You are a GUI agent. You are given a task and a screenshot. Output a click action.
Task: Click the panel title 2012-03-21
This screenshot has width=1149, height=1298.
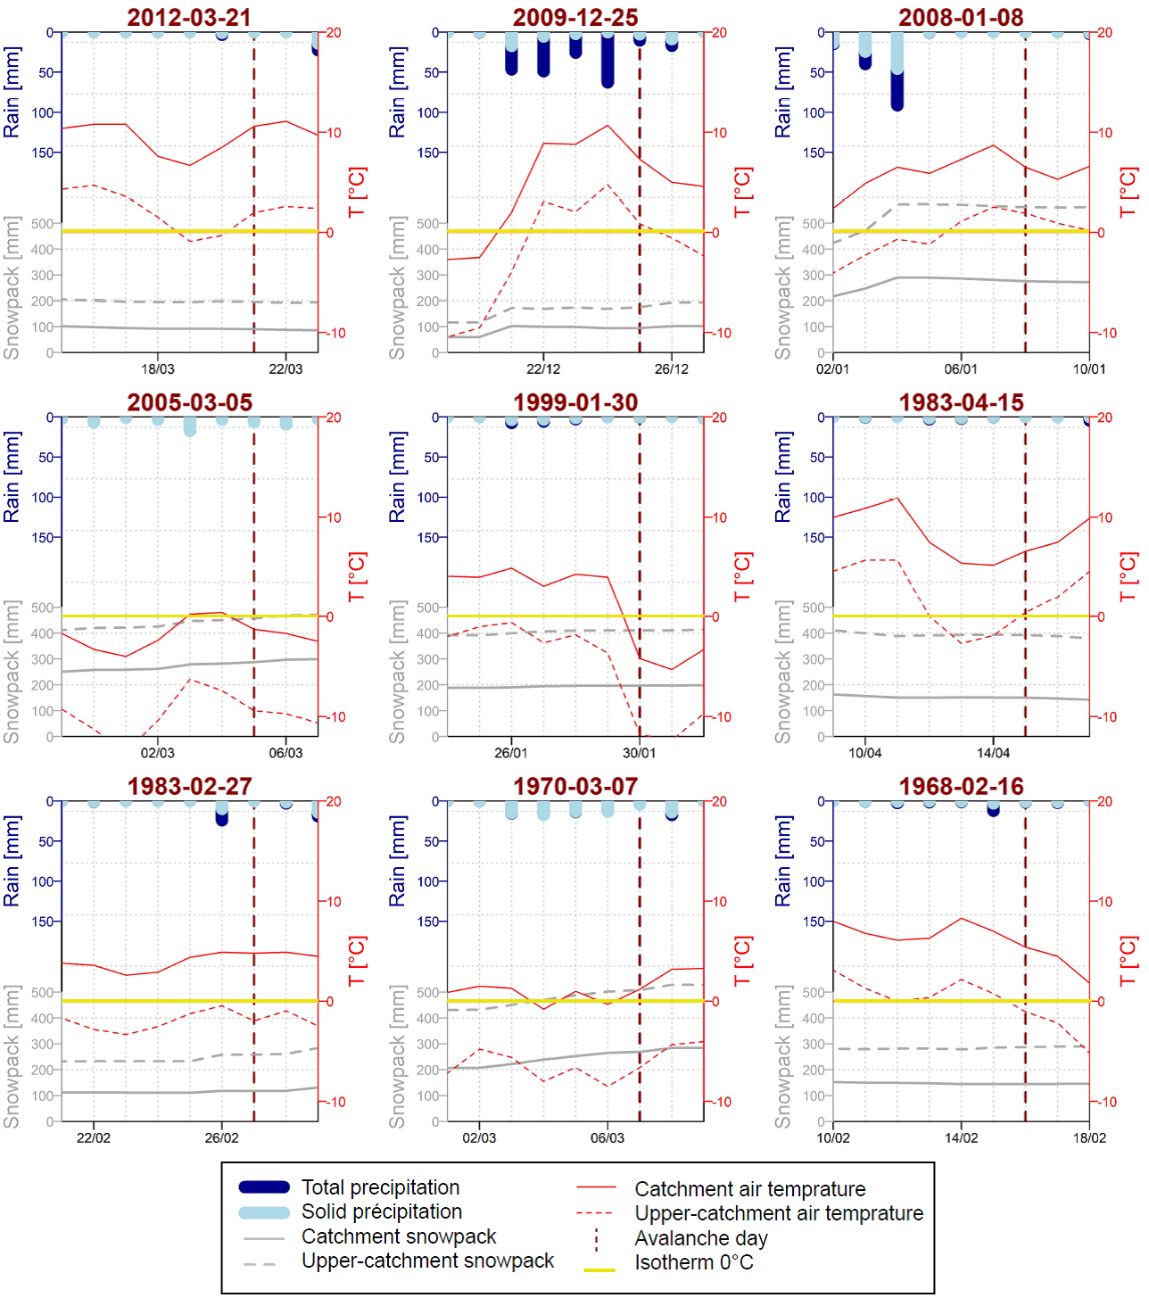(x=189, y=17)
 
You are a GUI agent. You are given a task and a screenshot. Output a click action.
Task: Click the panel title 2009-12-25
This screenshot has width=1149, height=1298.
(x=575, y=17)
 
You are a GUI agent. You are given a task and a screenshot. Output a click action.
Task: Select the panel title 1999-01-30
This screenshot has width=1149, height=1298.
(x=575, y=402)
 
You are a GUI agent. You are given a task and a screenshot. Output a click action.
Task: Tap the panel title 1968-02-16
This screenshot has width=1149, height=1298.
(x=961, y=786)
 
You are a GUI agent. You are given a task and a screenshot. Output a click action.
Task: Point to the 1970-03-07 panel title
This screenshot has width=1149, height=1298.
(x=575, y=786)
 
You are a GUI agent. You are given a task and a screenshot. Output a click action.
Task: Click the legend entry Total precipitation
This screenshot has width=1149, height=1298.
(x=380, y=1187)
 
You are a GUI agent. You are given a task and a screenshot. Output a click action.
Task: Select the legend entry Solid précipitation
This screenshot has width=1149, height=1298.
(x=381, y=1211)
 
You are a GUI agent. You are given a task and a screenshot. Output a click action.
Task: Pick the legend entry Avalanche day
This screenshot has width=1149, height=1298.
(x=701, y=1238)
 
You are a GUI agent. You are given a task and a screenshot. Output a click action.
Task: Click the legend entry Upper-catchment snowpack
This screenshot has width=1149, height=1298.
(x=427, y=1261)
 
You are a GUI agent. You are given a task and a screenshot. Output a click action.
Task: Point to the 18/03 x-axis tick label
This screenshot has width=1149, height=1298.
(x=158, y=369)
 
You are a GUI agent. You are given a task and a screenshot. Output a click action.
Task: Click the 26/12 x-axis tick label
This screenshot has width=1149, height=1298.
(x=672, y=369)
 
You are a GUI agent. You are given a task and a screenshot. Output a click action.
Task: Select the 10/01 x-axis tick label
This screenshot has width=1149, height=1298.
(x=1089, y=369)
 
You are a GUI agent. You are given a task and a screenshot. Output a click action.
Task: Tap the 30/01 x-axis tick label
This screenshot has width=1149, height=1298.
(x=640, y=753)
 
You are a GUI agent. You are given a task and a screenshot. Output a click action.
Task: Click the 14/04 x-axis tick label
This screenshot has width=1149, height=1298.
(x=993, y=753)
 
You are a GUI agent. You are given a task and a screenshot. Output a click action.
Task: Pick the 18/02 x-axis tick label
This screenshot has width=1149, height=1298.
(x=1089, y=1138)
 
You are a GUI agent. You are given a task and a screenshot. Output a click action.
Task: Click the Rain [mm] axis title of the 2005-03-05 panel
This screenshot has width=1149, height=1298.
(x=12, y=477)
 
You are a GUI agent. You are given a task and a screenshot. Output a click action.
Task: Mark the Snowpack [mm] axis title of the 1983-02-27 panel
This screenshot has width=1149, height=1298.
(x=12, y=1057)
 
